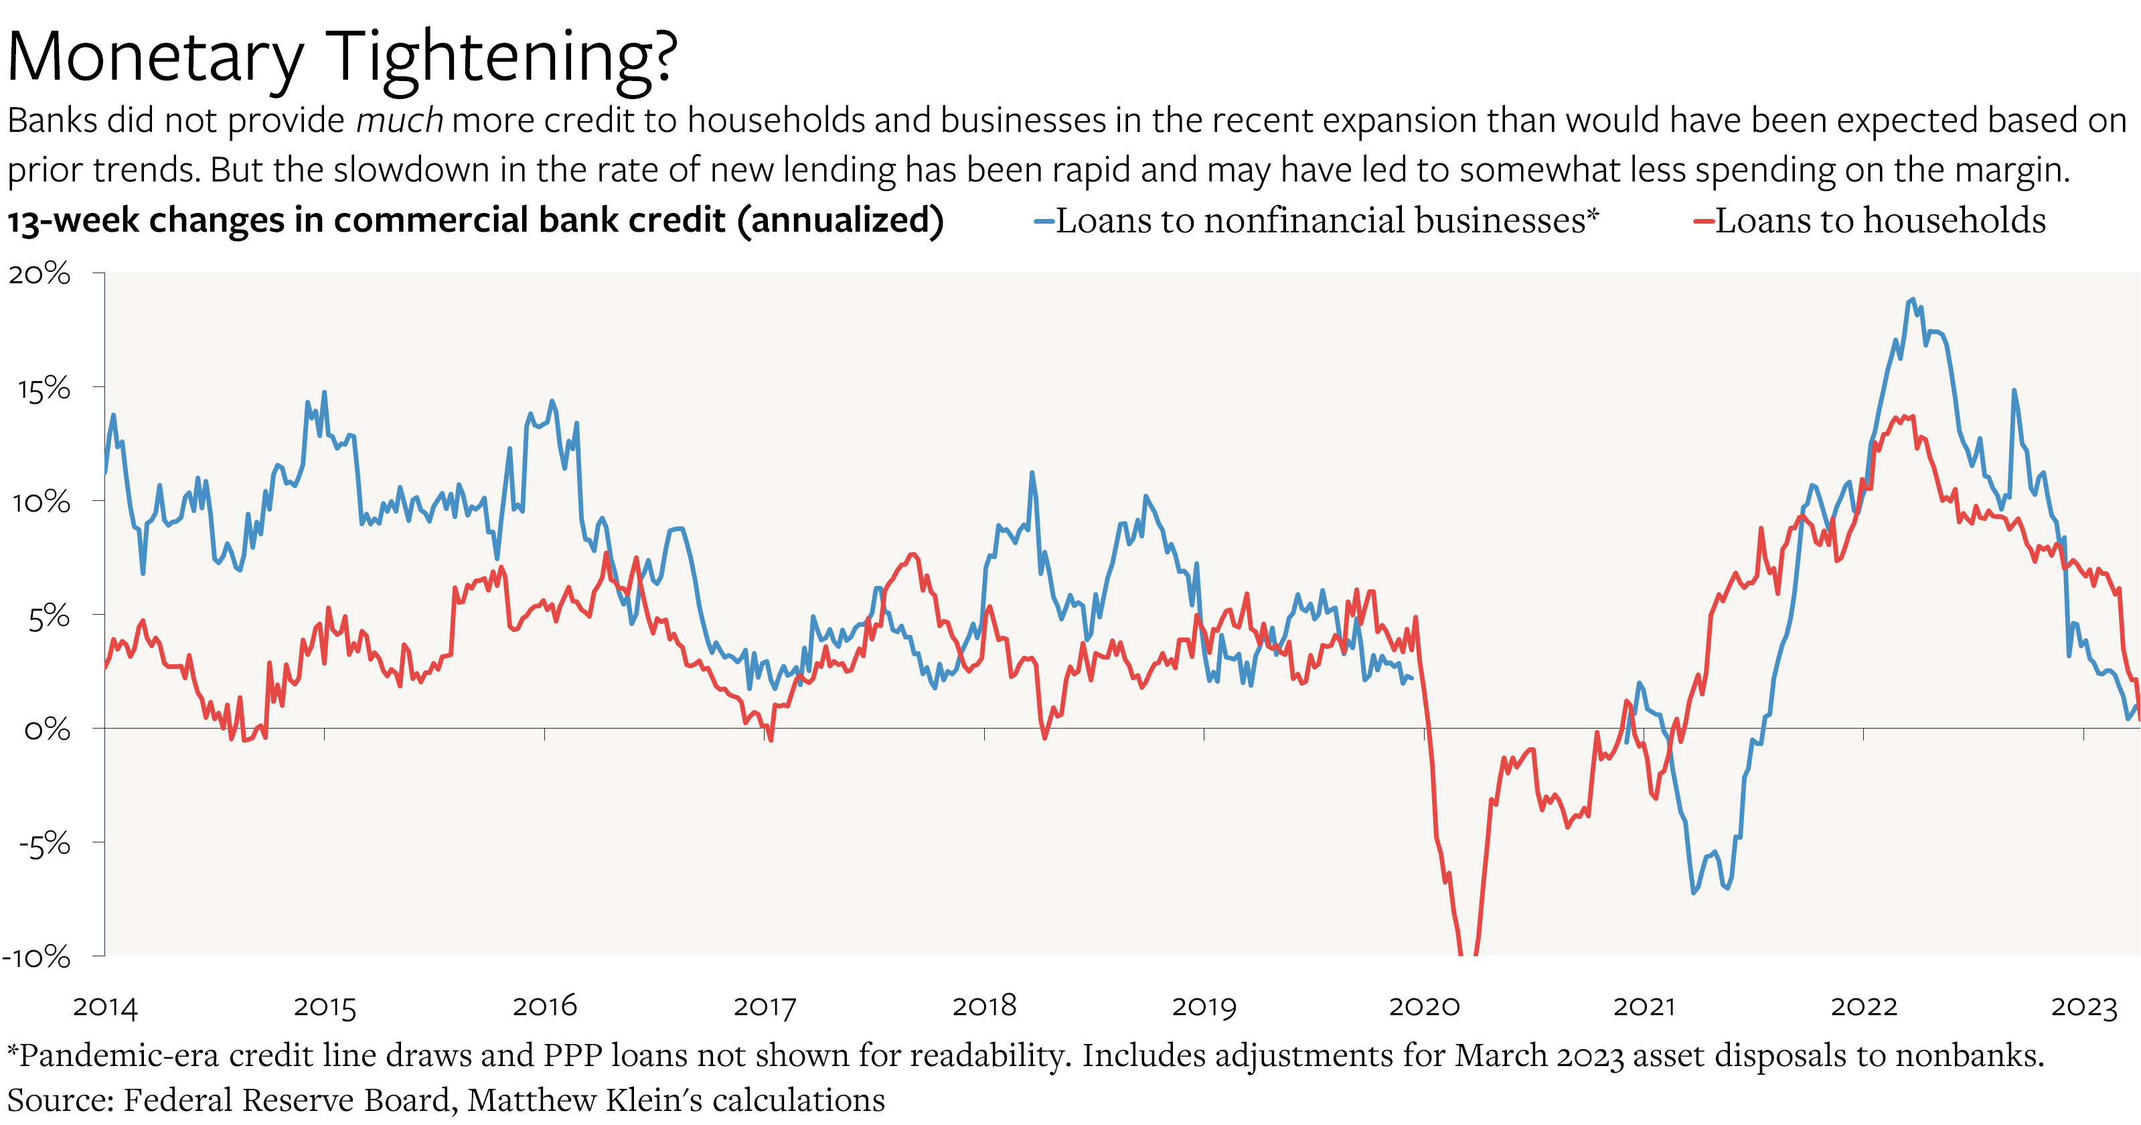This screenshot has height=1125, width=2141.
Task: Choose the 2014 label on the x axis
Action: (104, 1007)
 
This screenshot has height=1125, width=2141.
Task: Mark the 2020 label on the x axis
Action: (1424, 1007)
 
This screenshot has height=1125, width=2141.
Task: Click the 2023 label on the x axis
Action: (2083, 1007)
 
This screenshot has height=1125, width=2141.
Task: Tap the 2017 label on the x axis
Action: (765, 1007)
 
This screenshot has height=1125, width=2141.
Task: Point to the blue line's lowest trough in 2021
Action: (1694, 892)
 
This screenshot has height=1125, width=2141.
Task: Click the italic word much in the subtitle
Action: (400, 121)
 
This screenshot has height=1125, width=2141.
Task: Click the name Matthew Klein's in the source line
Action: (585, 1100)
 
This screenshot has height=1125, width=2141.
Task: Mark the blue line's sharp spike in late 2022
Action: (2014, 391)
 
